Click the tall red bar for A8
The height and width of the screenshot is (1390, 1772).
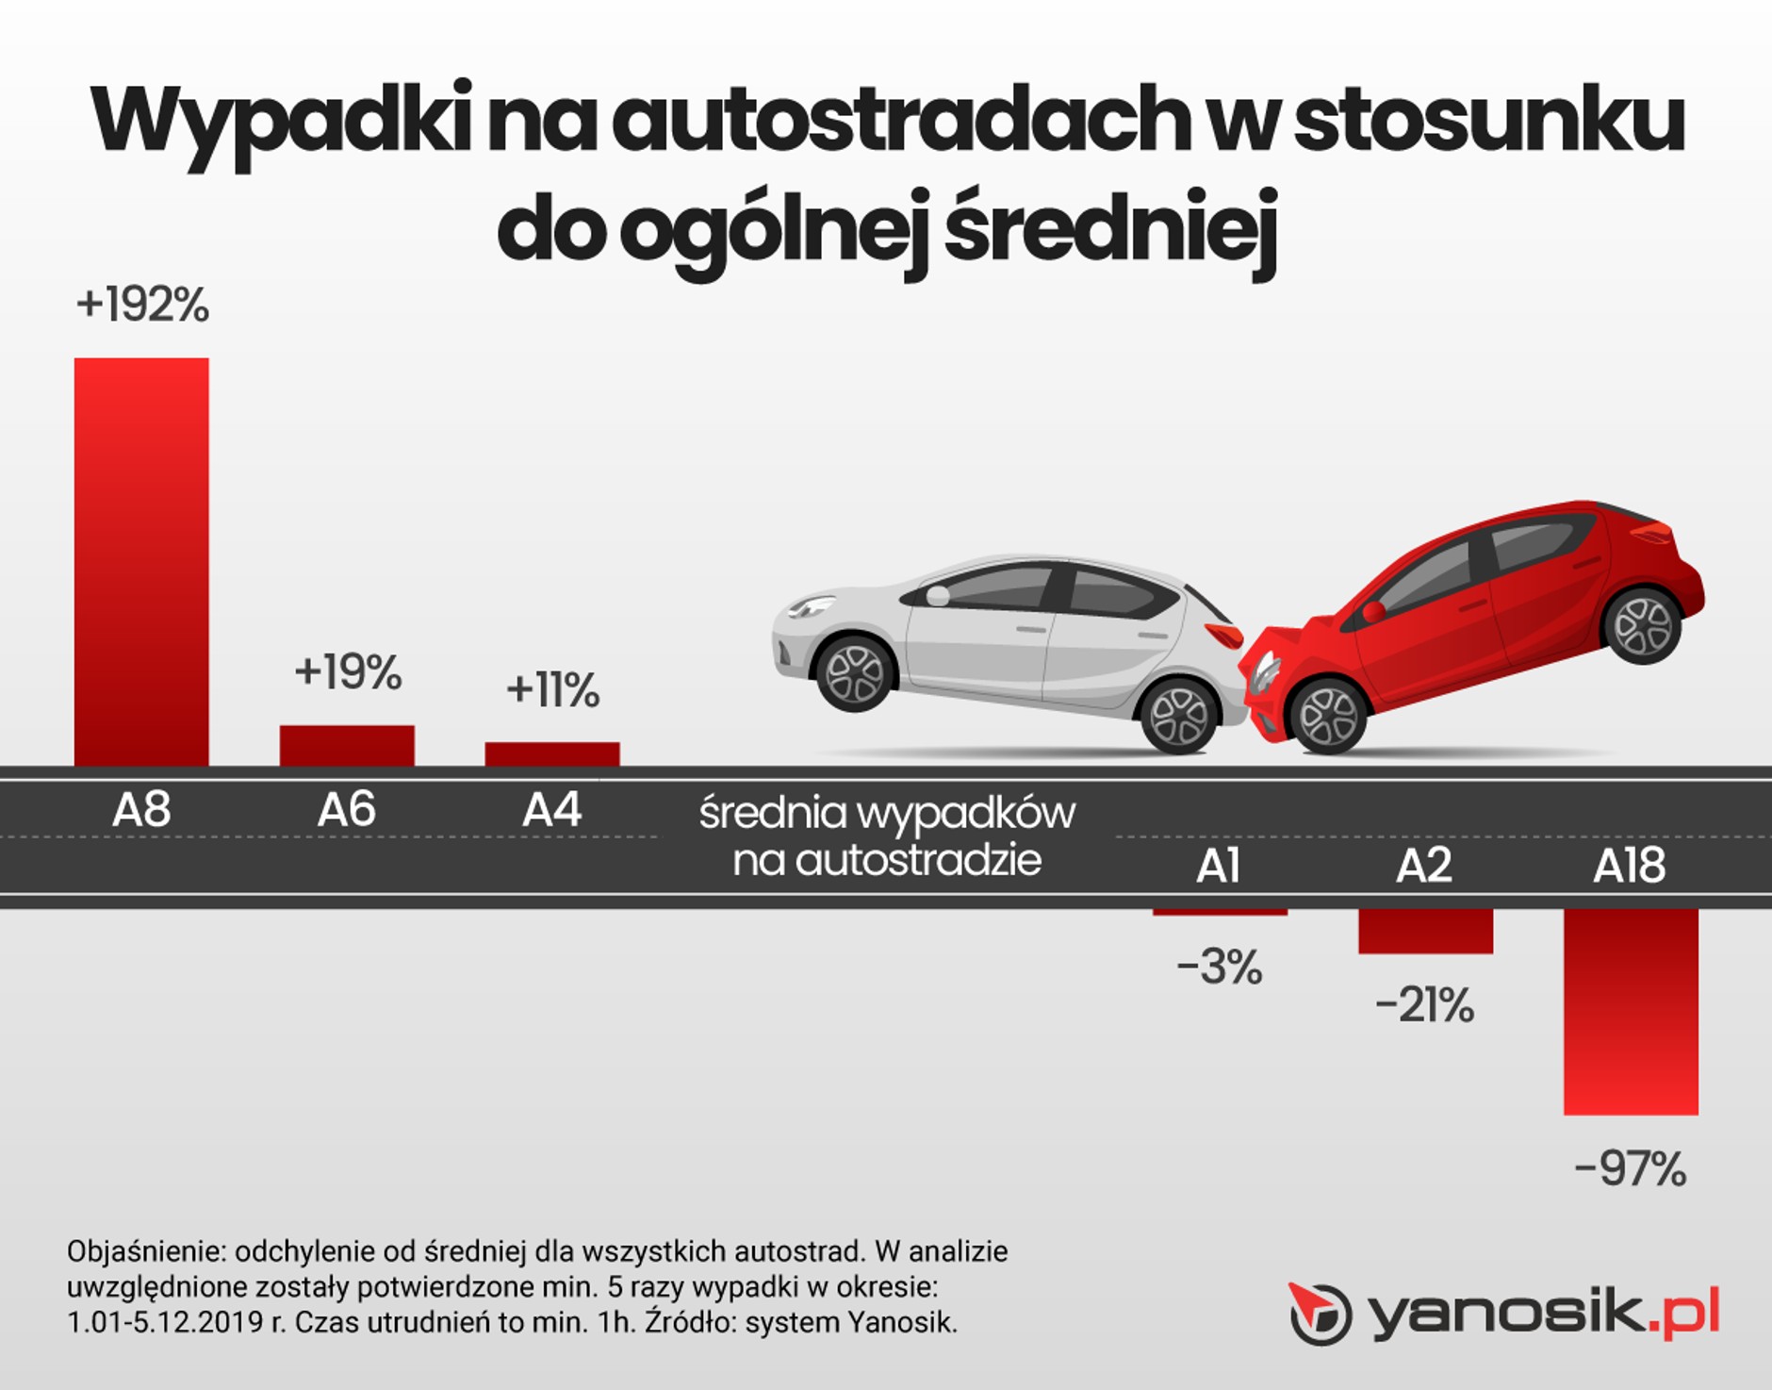click(141, 561)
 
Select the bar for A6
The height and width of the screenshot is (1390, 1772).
click(347, 745)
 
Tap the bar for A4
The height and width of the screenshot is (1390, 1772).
click(552, 753)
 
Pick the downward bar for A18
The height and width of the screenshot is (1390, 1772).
click(1631, 1011)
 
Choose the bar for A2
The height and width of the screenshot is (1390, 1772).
click(1425, 931)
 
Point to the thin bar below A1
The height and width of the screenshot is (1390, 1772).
click(1220, 912)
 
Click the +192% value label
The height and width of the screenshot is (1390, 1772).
click(142, 305)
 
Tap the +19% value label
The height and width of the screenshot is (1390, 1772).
click(348, 672)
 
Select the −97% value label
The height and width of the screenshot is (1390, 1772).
click(1630, 1169)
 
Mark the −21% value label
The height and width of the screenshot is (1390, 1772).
click(1424, 1005)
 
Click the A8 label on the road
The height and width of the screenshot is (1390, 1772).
click(141, 809)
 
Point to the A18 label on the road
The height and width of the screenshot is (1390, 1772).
click(1629, 866)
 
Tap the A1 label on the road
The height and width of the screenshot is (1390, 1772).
click(1218, 866)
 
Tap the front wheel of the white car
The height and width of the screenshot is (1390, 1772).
click(855, 673)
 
